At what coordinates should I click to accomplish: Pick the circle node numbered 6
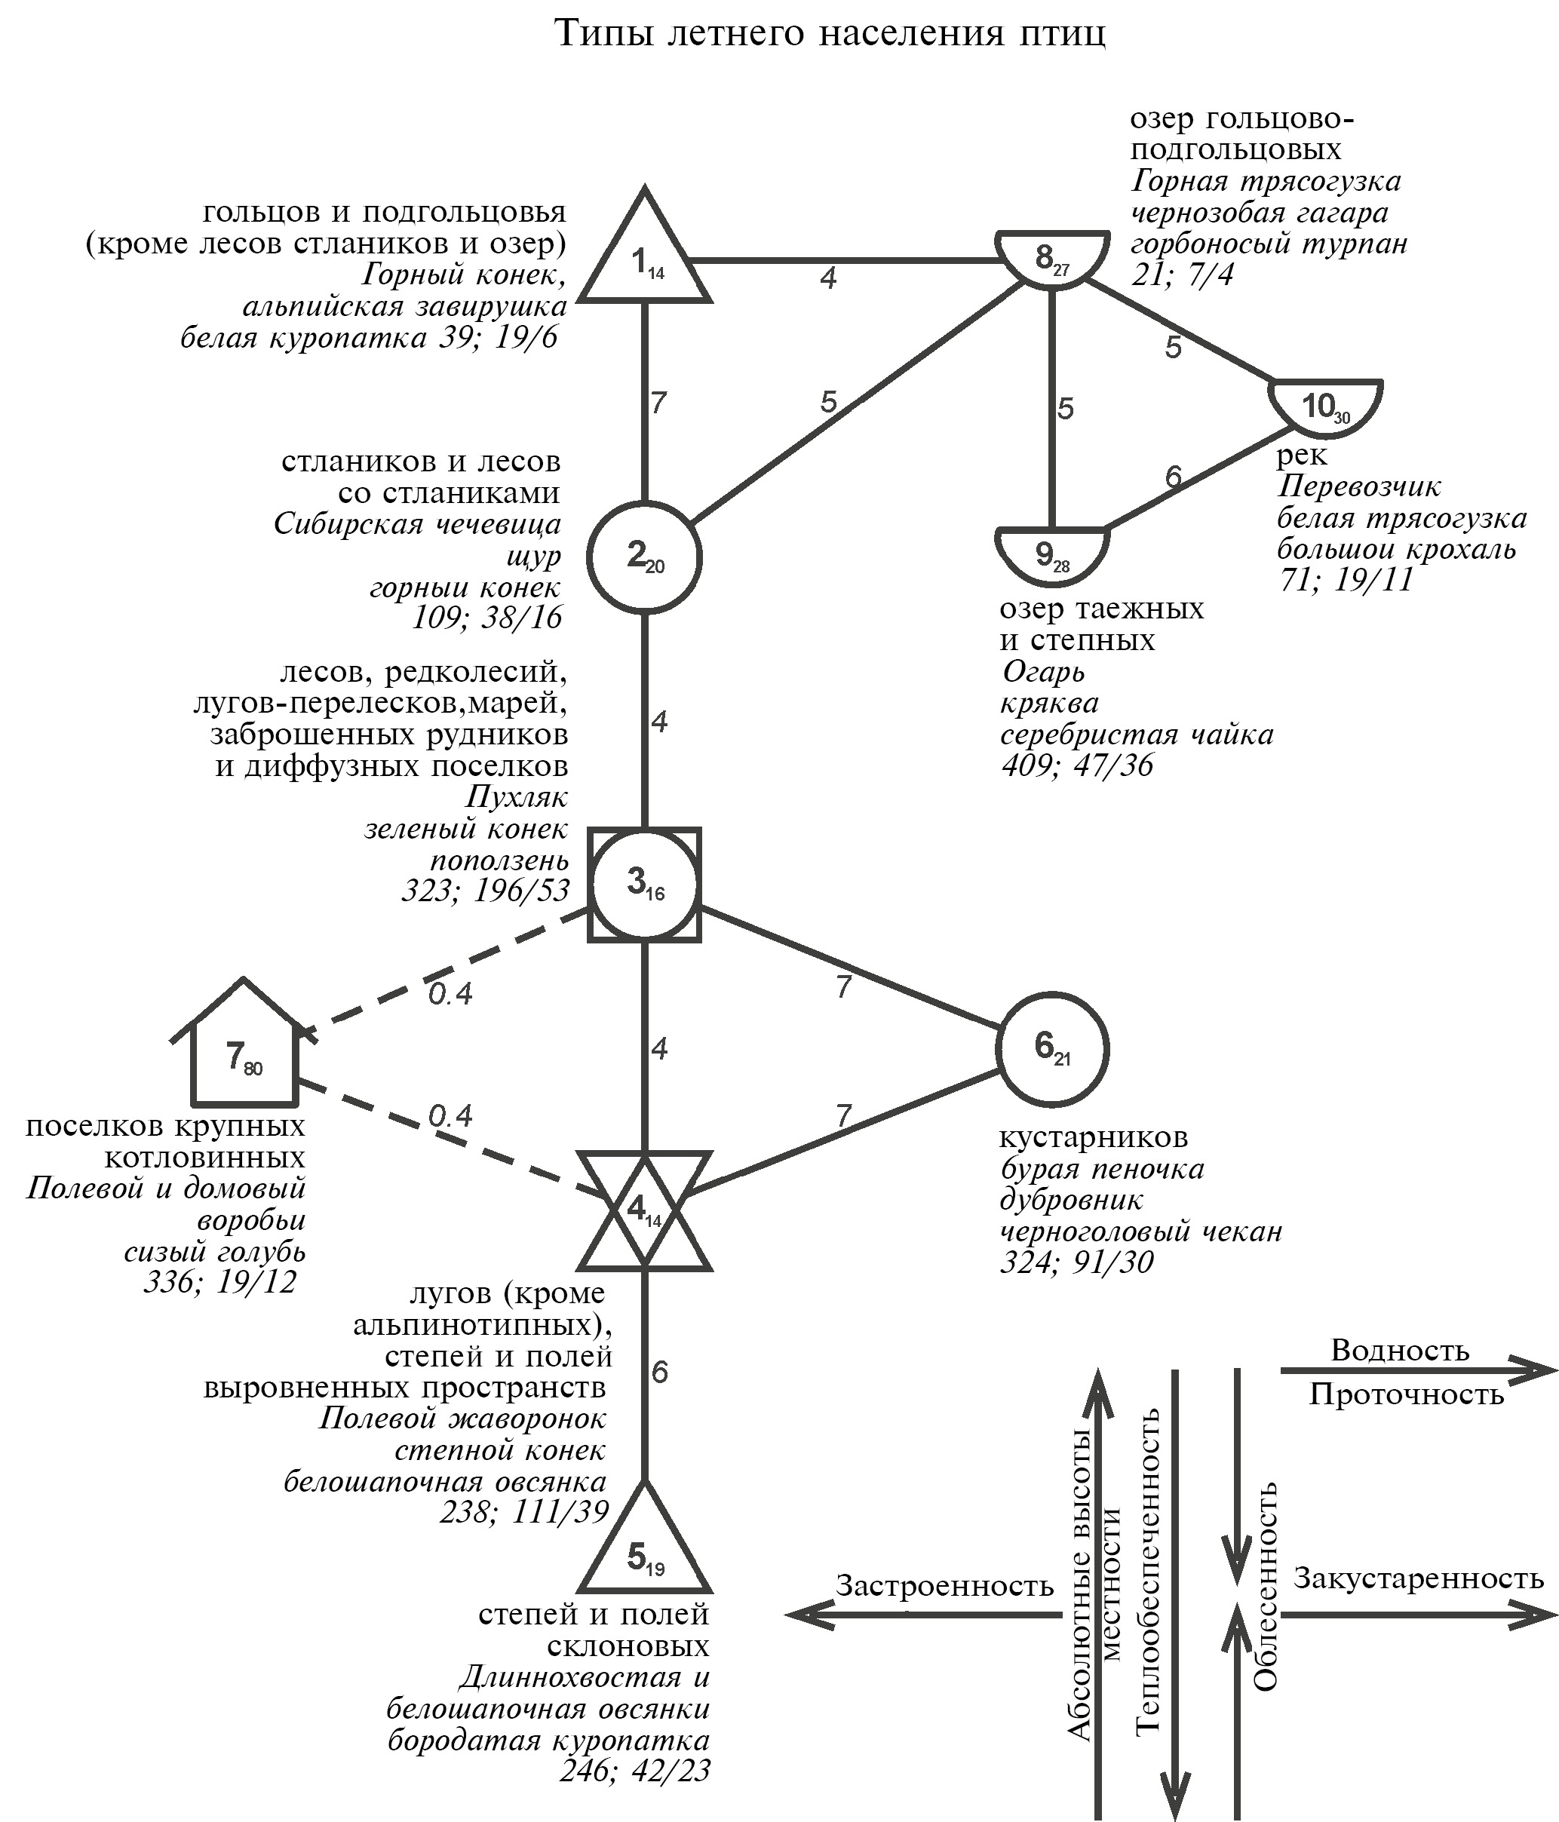click(x=1051, y=1048)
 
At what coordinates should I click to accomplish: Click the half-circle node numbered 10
click(x=1325, y=406)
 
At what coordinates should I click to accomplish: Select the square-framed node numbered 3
click(x=645, y=884)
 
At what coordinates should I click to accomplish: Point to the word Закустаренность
click(x=1418, y=1578)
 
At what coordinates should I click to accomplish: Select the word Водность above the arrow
click(x=1400, y=1350)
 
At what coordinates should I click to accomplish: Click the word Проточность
click(x=1406, y=1394)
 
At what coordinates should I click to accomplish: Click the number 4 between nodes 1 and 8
click(x=827, y=279)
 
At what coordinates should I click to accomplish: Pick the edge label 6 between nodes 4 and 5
click(x=659, y=1372)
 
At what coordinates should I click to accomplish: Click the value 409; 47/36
click(x=1077, y=765)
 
